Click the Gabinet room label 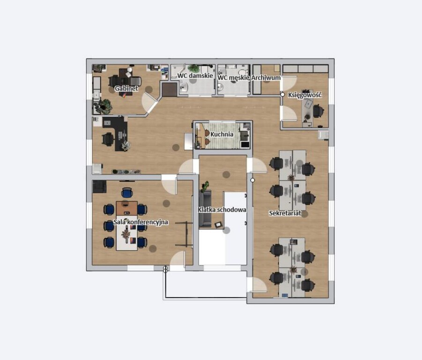(x=126, y=88)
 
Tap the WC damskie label (x=195, y=75)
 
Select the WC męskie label (x=234, y=78)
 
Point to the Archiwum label (x=266, y=78)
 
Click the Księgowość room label (x=304, y=95)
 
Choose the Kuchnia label (x=222, y=134)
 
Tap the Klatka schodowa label (x=222, y=210)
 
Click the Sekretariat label (x=285, y=213)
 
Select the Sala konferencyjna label (x=141, y=222)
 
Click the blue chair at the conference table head (x=127, y=193)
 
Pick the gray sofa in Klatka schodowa (x=205, y=209)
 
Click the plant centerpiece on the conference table (x=126, y=234)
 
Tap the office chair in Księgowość (x=318, y=111)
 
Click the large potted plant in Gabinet (x=104, y=106)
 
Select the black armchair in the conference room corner (x=99, y=187)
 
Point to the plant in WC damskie (x=194, y=68)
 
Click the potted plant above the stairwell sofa (x=205, y=186)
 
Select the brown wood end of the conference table (x=127, y=208)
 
